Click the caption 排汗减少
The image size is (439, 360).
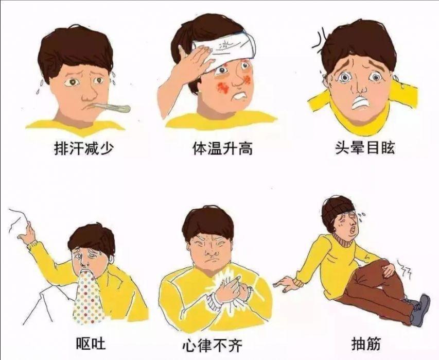click(x=83, y=148)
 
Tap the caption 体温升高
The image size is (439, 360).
click(x=222, y=148)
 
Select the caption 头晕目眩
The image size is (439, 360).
click(x=365, y=147)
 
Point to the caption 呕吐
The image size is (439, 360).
click(x=91, y=343)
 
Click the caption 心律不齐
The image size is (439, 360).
click(x=212, y=345)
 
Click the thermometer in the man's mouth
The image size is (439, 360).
click(x=111, y=108)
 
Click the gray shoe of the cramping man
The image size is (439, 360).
click(x=420, y=310)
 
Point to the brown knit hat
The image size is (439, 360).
click(x=336, y=212)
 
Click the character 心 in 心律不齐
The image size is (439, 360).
click(x=189, y=345)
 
